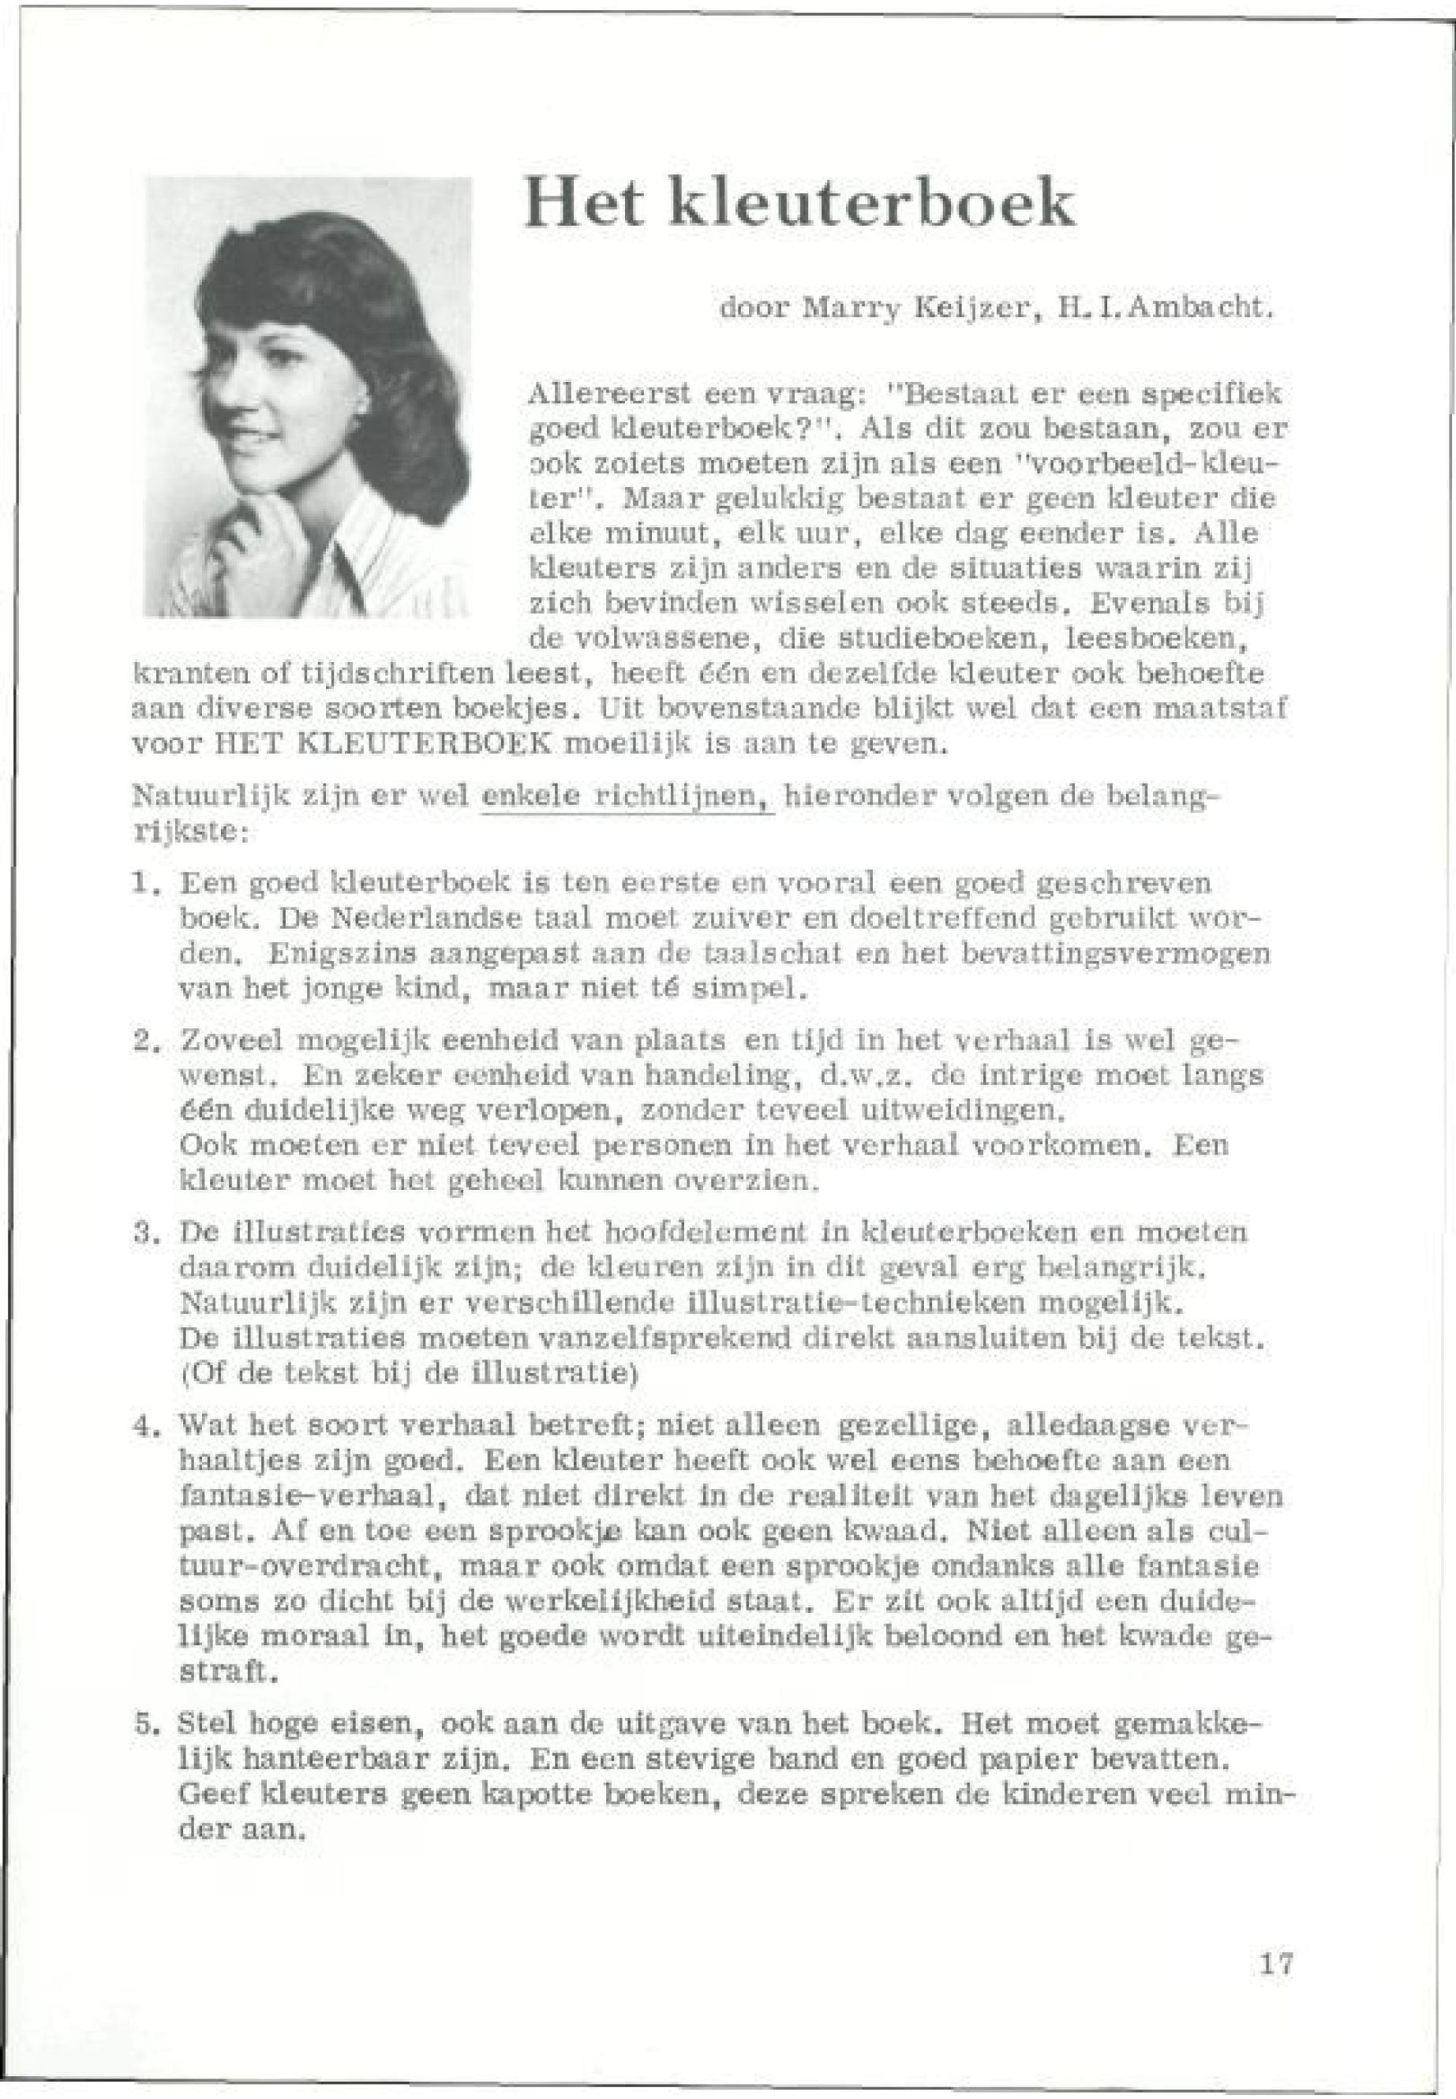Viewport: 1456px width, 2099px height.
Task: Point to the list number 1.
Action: pos(140,884)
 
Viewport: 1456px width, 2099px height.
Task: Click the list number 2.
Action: pos(140,1041)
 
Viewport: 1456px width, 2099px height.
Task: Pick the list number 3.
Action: pos(140,1233)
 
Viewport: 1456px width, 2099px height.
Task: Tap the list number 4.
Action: pos(140,1426)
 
